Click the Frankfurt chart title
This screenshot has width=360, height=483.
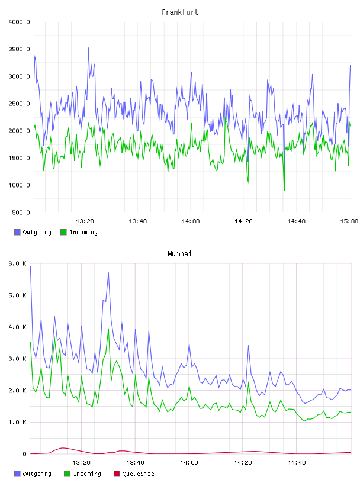click(x=180, y=12)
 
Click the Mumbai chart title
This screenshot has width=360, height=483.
click(x=179, y=254)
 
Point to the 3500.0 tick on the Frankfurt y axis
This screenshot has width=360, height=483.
click(x=19, y=49)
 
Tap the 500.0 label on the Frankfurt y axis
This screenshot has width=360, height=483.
click(x=21, y=212)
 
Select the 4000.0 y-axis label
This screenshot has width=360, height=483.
click(x=19, y=22)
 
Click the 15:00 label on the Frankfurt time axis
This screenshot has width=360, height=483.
click(x=349, y=221)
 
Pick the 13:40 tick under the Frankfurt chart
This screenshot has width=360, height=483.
click(x=138, y=221)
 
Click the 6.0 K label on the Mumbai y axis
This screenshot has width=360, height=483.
click(x=17, y=263)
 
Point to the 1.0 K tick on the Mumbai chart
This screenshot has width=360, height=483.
click(x=17, y=422)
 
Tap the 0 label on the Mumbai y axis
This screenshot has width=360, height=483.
click(x=25, y=454)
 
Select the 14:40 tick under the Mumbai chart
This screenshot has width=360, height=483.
click(x=297, y=463)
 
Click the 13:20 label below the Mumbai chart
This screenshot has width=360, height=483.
click(x=81, y=463)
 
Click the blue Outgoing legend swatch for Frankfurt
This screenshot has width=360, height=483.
click(x=17, y=232)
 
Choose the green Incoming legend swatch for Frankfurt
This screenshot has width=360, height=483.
click(x=63, y=232)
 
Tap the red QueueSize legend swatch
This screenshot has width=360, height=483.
click(x=117, y=474)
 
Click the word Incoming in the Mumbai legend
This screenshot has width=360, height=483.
click(x=87, y=474)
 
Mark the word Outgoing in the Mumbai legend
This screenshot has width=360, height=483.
click(x=37, y=474)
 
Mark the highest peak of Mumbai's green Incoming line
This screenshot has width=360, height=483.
click(x=108, y=329)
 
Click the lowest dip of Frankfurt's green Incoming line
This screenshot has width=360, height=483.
click(x=284, y=191)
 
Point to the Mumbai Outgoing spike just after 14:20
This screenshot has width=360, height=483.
click(x=249, y=346)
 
